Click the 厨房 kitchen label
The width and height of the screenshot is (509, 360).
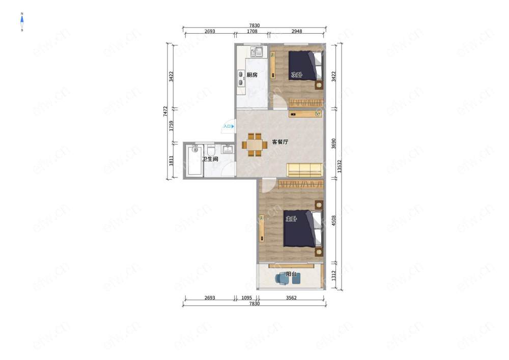252,75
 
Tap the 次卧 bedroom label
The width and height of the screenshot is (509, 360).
296,75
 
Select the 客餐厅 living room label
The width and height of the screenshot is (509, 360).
280,142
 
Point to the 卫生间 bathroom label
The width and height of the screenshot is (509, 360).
210,159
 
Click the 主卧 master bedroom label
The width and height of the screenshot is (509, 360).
291,219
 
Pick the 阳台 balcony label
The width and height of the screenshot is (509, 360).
291,274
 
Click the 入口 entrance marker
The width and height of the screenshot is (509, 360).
229,126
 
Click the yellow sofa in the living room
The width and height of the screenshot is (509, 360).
304,170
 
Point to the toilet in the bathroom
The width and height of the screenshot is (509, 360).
211,150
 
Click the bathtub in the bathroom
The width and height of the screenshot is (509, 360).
194,160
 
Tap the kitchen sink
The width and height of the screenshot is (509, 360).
257,51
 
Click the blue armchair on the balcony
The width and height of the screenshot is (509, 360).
281,279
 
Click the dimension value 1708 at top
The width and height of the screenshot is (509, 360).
252,32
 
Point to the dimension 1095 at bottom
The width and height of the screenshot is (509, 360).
247,298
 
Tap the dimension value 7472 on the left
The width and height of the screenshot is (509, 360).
165,112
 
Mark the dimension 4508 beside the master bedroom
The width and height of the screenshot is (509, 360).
334,221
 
